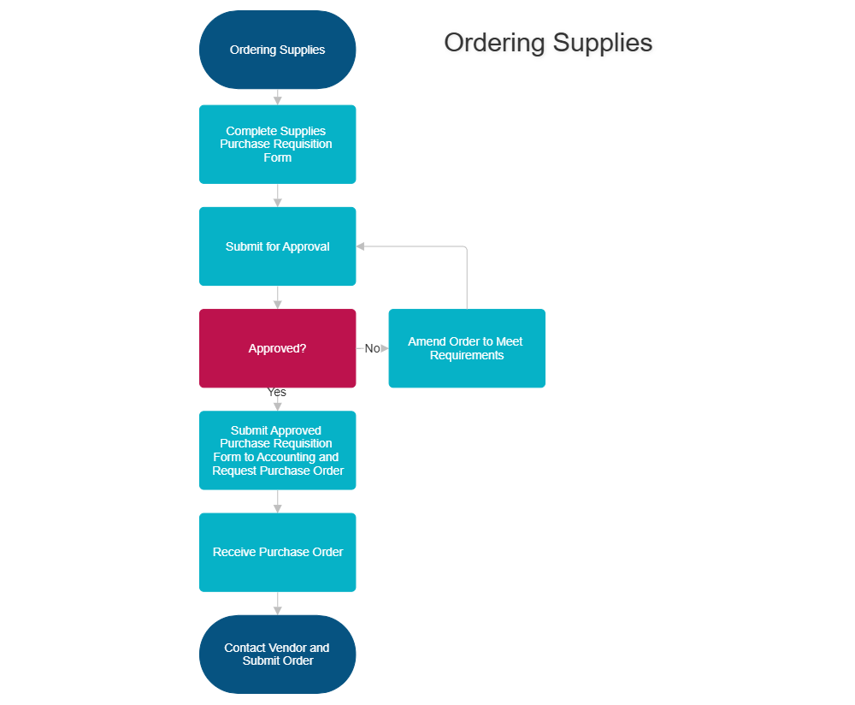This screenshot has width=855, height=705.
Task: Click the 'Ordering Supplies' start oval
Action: point(277,50)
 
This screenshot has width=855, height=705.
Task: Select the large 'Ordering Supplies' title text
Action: point(549,43)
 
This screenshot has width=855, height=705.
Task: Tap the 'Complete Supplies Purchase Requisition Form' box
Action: point(277,144)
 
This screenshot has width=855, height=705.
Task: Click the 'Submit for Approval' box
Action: point(277,246)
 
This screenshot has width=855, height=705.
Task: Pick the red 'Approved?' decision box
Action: point(277,348)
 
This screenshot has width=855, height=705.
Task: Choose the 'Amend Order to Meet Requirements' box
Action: point(466,348)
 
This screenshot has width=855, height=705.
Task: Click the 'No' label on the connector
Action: point(372,348)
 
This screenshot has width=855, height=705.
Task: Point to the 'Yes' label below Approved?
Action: point(277,392)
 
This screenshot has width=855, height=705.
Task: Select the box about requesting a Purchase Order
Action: point(277,450)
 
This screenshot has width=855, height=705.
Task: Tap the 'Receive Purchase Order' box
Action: point(277,552)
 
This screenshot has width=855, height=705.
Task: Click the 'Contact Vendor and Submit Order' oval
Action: point(277,654)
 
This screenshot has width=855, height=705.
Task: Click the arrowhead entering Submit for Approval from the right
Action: point(361,246)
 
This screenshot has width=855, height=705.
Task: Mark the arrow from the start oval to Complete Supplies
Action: point(277,98)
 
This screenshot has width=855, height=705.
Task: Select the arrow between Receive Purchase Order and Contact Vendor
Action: point(277,604)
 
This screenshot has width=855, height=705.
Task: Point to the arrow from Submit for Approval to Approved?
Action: point(277,298)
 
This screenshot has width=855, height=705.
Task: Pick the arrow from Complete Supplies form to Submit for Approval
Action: point(277,196)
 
